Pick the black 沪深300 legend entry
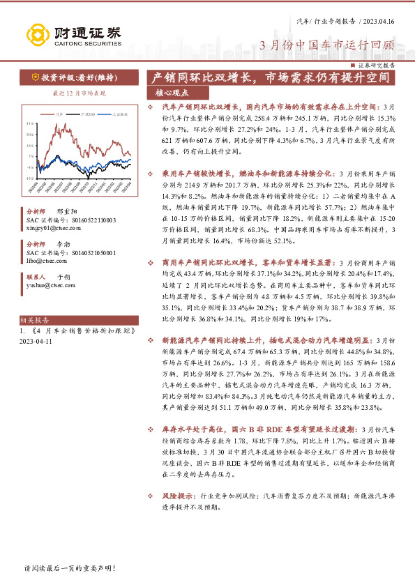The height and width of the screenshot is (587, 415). [88, 112]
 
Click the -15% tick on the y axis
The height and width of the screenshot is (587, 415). [29, 178]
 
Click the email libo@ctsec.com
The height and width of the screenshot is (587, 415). [47, 261]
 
